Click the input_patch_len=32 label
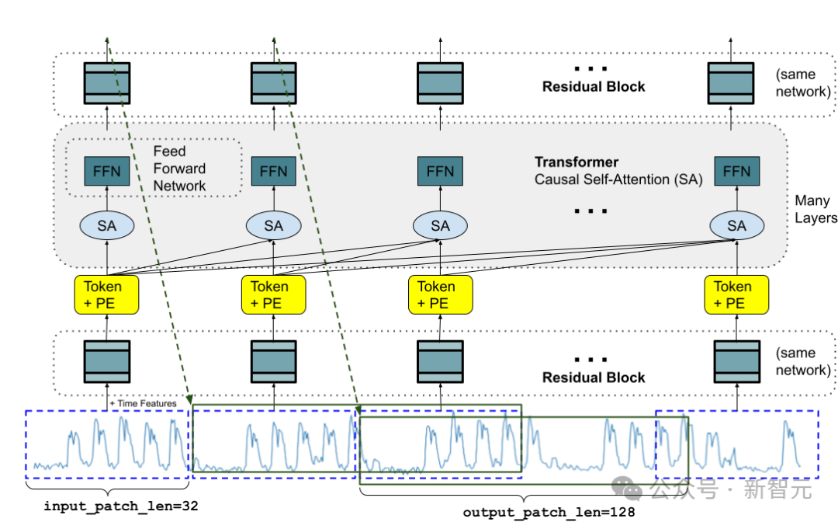[120, 506]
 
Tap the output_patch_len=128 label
[549, 512]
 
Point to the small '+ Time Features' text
[144, 403]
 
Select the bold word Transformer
[577, 162]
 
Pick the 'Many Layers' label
[812, 210]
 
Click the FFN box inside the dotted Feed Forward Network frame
[107, 170]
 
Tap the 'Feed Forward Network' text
[179, 169]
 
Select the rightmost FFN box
[736, 170]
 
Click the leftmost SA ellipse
[107, 225]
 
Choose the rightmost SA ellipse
[736, 225]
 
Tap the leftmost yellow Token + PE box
[107, 294]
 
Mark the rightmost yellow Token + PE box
[732, 294]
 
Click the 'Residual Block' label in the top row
[594, 86]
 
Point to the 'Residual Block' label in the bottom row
[594, 378]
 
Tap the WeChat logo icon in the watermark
[627, 489]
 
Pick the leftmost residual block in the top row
[107, 83]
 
